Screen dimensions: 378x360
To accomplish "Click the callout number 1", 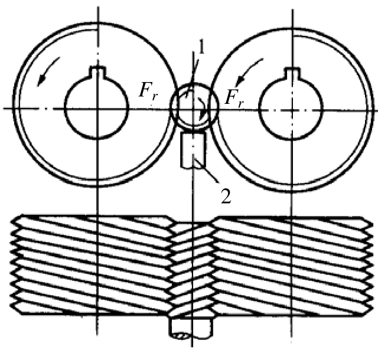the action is pos(201,47).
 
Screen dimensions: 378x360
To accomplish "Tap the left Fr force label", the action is pos(148,91).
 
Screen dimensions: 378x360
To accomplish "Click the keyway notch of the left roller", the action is pos(97,71).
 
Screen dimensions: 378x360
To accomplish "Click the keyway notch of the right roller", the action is pos(292,72).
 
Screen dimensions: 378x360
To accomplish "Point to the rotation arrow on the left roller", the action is pos(47,70).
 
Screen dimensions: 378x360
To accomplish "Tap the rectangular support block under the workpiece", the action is pos(194,150).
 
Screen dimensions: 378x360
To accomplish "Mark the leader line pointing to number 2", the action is pos(207,171).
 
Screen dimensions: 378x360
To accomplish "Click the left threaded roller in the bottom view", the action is pos(92,264).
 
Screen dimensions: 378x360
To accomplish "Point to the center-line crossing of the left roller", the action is pos(97,109).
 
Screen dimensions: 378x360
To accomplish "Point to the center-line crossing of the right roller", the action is pos(292,110).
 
